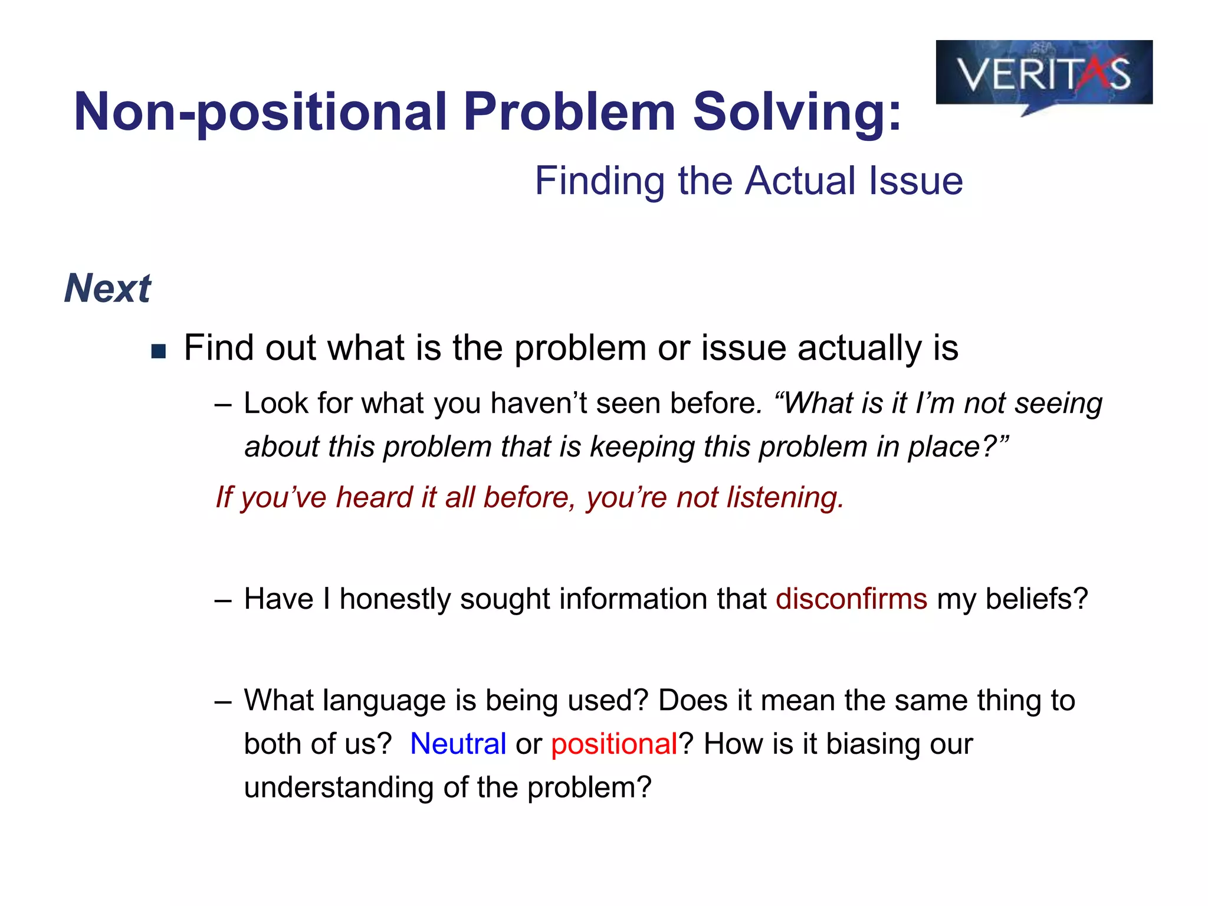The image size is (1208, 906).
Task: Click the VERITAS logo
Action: pyautogui.click(x=1043, y=74)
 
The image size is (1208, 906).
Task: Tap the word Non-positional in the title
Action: pyautogui.click(x=260, y=111)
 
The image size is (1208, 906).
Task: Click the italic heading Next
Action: pyautogui.click(x=108, y=288)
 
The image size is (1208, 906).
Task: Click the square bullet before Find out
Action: pyautogui.click(x=158, y=352)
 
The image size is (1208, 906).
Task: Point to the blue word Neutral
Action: pyautogui.click(x=458, y=744)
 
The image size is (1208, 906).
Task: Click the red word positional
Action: pyautogui.click(x=614, y=744)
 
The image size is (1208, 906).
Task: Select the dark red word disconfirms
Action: pyautogui.click(x=851, y=599)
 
